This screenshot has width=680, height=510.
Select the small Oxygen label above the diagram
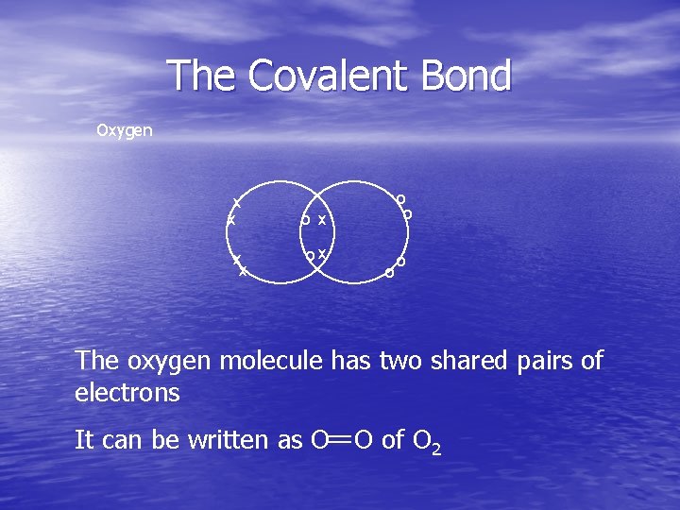[124, 130]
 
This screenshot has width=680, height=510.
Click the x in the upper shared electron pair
[322, 220]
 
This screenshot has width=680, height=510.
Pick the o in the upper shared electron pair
[305, 220]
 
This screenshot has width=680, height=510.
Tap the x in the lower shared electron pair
[322, 253]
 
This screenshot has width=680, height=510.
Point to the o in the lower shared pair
[309, 256]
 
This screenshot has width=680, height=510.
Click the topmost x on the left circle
[237, 202]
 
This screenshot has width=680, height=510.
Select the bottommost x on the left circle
[243, 271]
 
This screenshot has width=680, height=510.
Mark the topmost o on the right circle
[400, 199]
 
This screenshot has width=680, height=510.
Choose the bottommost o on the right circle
[388, 274]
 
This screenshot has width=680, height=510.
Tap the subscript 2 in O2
[435, 448]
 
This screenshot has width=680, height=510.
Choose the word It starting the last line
[84, 439]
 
